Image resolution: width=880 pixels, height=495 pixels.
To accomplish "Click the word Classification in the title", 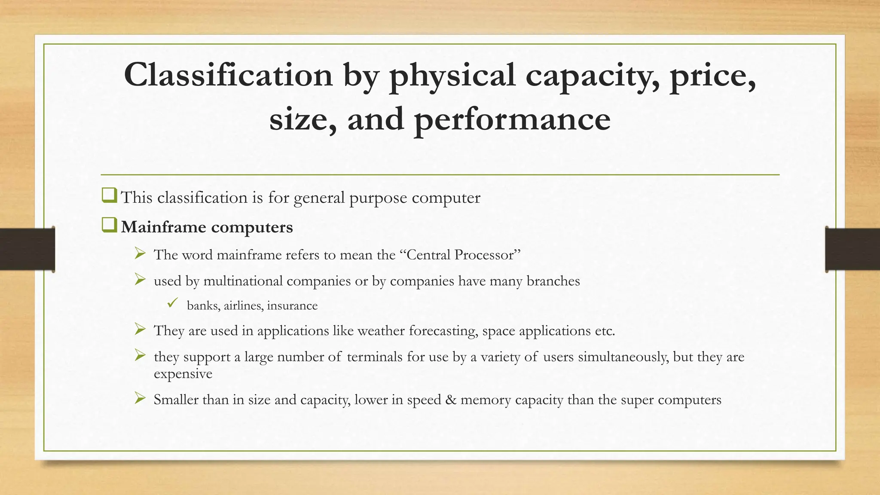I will pos(228,75).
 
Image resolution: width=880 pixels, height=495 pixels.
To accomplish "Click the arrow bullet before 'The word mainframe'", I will pos(140,254).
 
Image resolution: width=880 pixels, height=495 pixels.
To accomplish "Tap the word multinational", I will pos(243,281).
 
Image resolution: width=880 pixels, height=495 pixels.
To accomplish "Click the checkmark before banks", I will pos(173,303).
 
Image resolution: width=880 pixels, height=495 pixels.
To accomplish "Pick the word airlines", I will pos(244,306).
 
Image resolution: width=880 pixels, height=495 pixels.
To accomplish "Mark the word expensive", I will pos(183,373).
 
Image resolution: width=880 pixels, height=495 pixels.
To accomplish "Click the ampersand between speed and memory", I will pos(451,400).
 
